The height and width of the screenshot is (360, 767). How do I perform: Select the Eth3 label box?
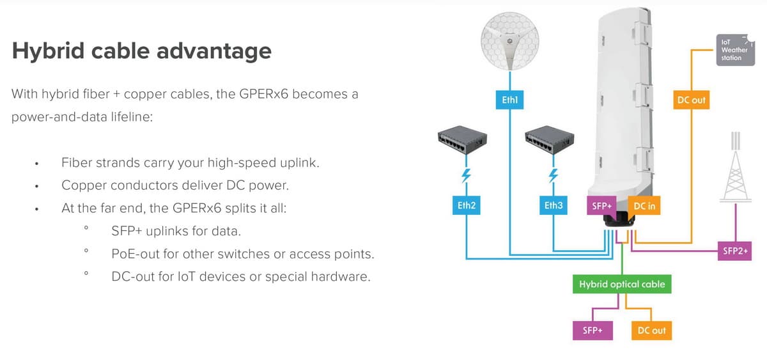pos(554,206)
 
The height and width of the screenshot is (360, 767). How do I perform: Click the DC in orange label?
pos(644,206)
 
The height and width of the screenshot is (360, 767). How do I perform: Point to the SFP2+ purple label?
pos(736,251)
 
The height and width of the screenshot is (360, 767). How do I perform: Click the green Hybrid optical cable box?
pos(621,284)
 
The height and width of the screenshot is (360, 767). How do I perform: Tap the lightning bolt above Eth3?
pos(554,175)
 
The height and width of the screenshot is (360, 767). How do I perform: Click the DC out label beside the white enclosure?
pos(691,100)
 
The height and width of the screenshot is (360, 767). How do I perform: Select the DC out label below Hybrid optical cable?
pos(651,330)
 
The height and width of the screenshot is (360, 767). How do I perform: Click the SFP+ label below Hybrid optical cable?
pos(592,330)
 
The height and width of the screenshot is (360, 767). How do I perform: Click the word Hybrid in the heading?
pos(47,51)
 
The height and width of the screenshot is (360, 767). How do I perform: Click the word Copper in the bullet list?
pos(83,185)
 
